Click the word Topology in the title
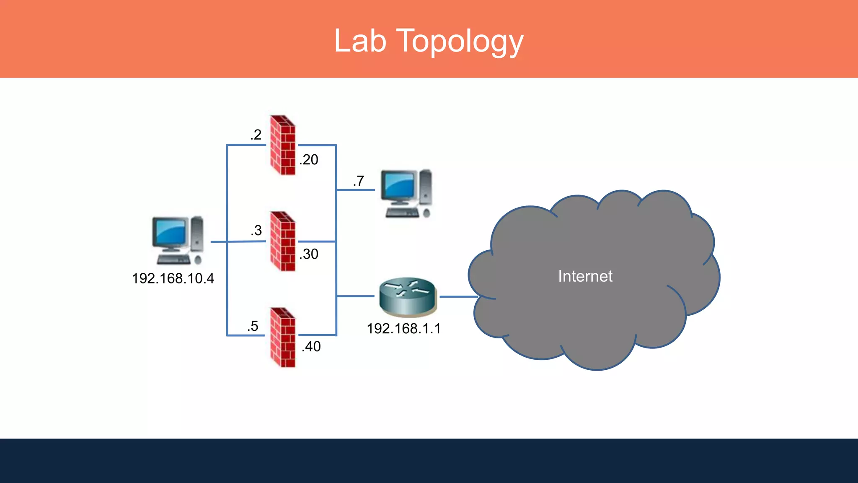pyautogui.click(x=460, y=41)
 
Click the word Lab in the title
pyautogui.click(x=360, y=41)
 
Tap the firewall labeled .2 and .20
pyautogui.click(x=283, y=145)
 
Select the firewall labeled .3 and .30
pyautogui.click(x=283, y=241)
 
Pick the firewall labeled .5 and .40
pyautogui.click(x=283, y=338)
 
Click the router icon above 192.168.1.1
pyautogui.click(x=408, y=297)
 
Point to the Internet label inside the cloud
pyautogui.click(x=585, y=276)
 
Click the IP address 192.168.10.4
pyautogui.click(x=173, y=278)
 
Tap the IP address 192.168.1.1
pyautogui.click(x=403, y=329)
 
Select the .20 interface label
pyautogui.click(x=309, y=160)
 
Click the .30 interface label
pyautogui.click(x=309, y=254)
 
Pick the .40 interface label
pyautogui.click(x=311, y=347)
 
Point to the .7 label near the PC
pyautogui.click(x=358, y=181)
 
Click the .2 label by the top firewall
pyautogui.click(x=256, y=135)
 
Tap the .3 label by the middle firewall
pyautogui.click(x=256, y=231)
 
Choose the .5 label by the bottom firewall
pyautogui.click(x=253, y=326)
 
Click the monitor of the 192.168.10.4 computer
pyautogui.click(x=169, y=232)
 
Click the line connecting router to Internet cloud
pyautogui.click(x=458, y=296)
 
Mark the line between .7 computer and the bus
pyautogui.click(x=355, y=190)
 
